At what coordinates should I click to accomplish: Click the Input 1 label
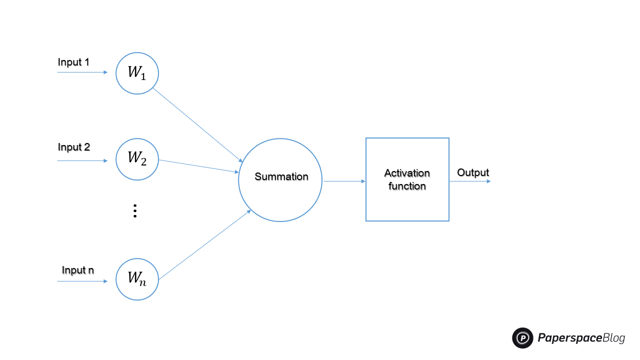pos(73,62)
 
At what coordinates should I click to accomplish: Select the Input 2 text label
pos(73,147)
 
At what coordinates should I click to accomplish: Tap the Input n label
pos(77,270)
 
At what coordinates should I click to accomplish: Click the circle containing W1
pos(137,73)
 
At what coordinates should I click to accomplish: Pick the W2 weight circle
pos(137,159)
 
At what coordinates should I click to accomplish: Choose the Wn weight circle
pos(137,279)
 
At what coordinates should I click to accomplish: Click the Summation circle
pos(280,180)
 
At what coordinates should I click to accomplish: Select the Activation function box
pos(407,179)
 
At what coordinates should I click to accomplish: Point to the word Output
pos(472,173)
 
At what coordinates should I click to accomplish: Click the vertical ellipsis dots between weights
pos(134,211)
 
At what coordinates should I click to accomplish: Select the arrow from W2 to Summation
pos(198,166)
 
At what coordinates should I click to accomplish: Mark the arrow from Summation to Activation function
pos(344,181)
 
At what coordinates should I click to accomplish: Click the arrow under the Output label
pos(469,181)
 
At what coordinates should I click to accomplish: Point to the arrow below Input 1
pos(82,72)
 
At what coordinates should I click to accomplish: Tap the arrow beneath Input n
pos(82,281)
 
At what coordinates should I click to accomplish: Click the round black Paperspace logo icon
pos(522,338)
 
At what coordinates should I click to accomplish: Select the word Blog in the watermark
pos(613,338)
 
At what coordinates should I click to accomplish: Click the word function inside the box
pos(407,186)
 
